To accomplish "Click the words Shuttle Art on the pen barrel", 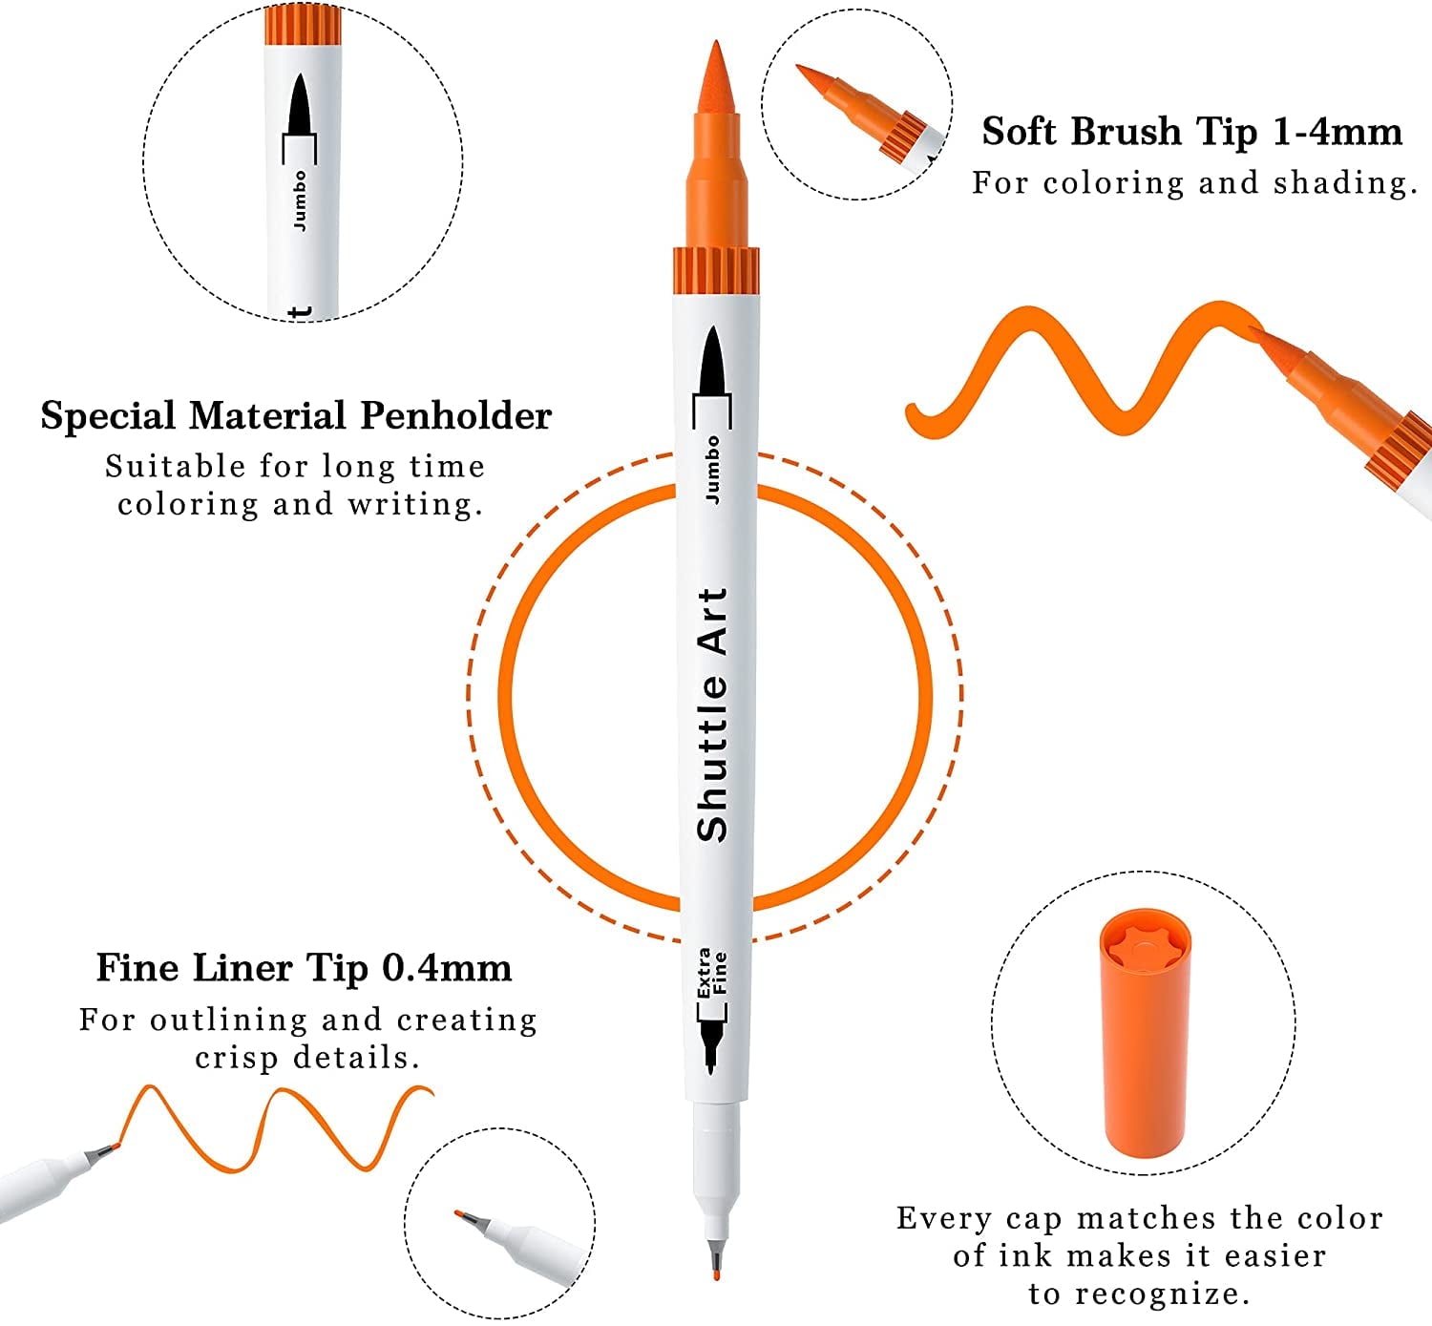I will (713, 714).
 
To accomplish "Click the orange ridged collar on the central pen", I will (716, 270).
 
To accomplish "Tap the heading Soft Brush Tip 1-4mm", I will (1191, 132).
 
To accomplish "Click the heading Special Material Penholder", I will (296, 416).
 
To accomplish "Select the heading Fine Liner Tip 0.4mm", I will (304, 968).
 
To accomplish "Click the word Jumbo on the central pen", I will (712, 469).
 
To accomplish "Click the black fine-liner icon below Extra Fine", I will (711, 1046).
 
